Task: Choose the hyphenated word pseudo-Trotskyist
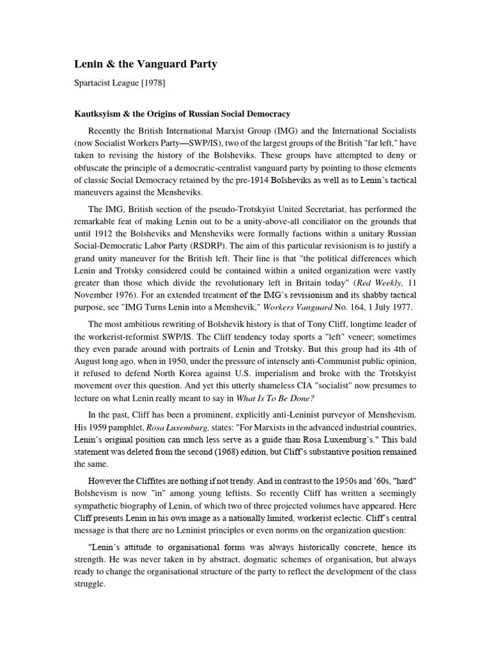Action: (x=244, y=209)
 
